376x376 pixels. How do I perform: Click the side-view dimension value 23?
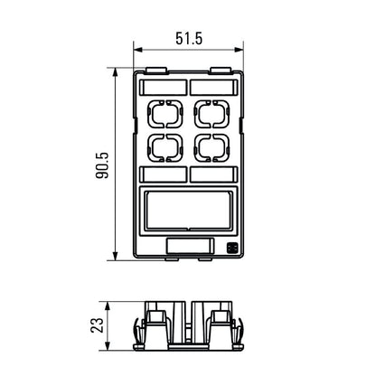coord(98,324)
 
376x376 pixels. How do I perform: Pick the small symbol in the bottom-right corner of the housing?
coord(230,247)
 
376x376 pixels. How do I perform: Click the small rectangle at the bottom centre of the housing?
coord(187,246)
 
